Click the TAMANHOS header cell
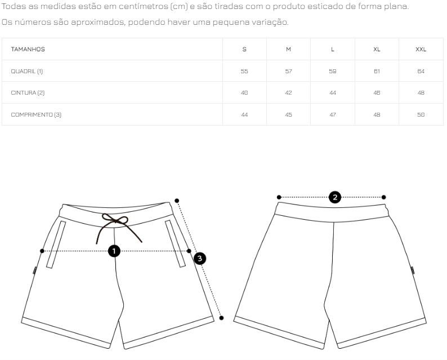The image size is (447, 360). (28, 50)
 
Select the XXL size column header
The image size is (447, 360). (421, 50)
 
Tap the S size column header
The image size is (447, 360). (244, 50)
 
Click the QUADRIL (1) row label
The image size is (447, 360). (27, 72)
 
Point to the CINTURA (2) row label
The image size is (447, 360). (28, 93)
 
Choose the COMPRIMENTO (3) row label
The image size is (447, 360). (36, 115)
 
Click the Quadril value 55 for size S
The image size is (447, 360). (244, 72)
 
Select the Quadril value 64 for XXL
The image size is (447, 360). (421, 72)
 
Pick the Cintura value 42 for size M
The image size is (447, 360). (288, 93)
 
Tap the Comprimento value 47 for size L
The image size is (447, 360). (333, 115)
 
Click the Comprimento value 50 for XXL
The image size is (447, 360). (421, 115)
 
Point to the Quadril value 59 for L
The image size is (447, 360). (333, 72)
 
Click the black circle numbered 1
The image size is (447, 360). (114, 251)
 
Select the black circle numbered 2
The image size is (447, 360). (335, 197)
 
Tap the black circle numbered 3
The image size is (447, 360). (199, 259)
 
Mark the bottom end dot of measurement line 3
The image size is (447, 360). (221, 318)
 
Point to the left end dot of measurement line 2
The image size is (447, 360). (279, 197)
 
